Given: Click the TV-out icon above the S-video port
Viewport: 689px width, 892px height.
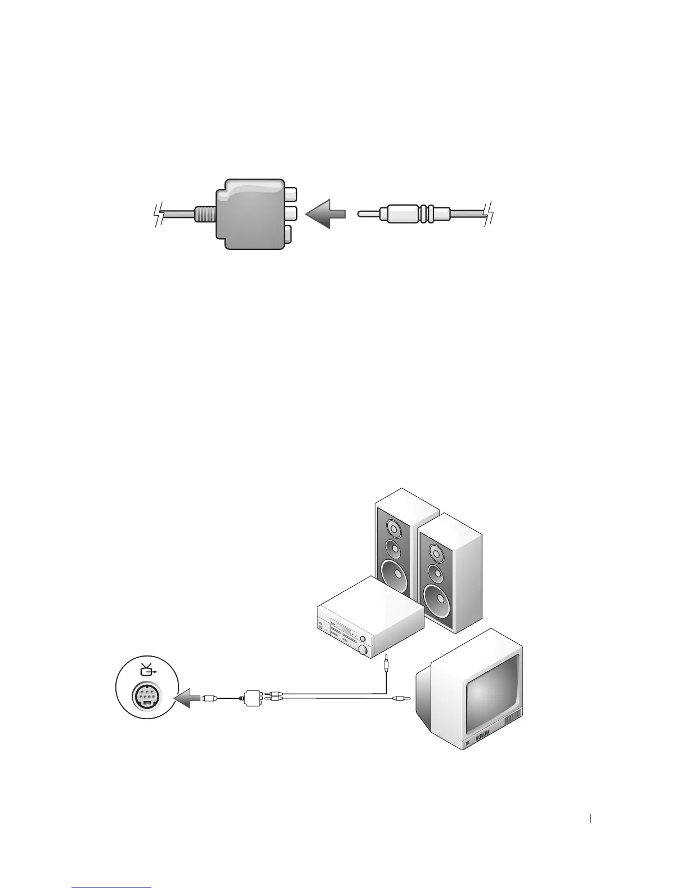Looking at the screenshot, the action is pyautogui.click(x=148, y=670).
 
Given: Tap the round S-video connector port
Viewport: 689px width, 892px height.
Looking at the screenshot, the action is pyautogui.click(x=147, y=699).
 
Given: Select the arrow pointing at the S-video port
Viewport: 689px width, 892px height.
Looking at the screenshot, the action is pyautogui.click(x=186, y=699).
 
